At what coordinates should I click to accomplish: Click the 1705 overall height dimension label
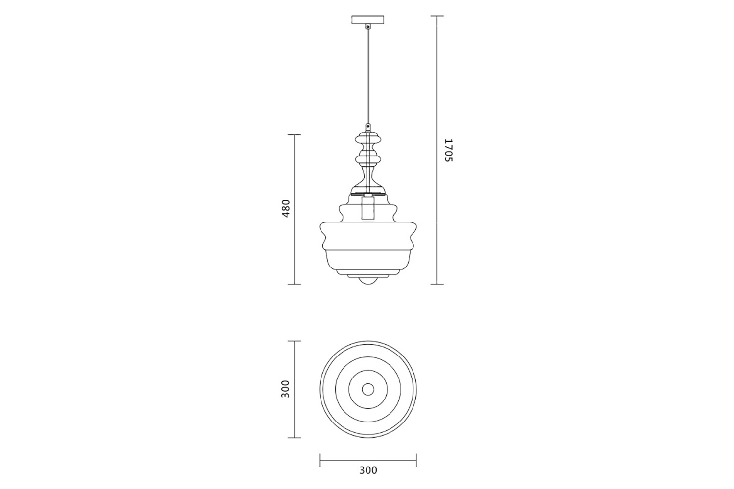[448, 150]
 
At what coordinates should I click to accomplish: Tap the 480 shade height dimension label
[286, 209]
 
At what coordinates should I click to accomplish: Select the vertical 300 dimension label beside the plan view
[286, 389]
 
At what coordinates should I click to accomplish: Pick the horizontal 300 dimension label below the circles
[368, 470]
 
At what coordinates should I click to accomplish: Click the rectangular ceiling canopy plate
[368, 20]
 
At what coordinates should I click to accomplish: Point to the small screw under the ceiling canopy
[368, 27]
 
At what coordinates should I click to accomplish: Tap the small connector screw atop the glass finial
[368, 126]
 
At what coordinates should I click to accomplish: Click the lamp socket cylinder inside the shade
[368, 207]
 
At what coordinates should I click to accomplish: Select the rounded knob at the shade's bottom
[368, 281]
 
